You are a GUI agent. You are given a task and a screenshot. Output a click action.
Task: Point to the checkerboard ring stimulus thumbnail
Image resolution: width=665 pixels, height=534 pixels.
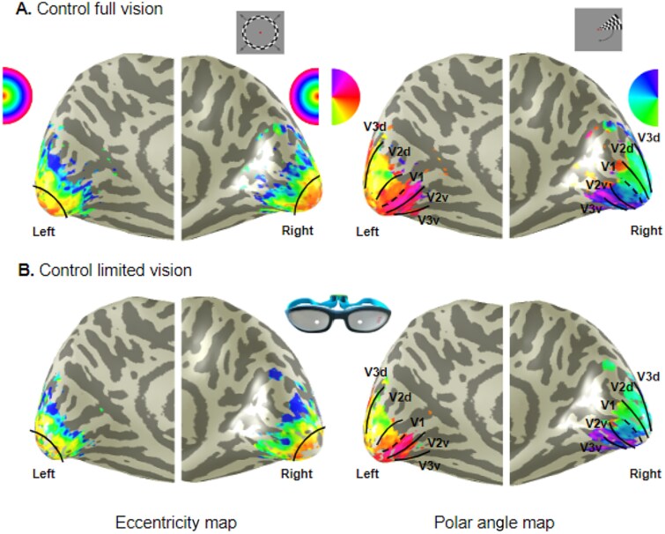point(262,33)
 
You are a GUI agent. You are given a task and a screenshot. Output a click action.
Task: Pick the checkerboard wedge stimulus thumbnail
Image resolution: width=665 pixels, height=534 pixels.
point(598,29)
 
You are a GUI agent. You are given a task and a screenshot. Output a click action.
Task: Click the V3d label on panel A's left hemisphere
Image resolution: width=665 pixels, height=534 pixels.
point(376,128)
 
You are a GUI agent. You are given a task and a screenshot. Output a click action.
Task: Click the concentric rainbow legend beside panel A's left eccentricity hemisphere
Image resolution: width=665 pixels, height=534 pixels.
point(15,94)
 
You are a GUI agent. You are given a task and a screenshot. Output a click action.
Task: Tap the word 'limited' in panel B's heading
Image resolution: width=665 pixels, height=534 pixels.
point(112,270)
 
